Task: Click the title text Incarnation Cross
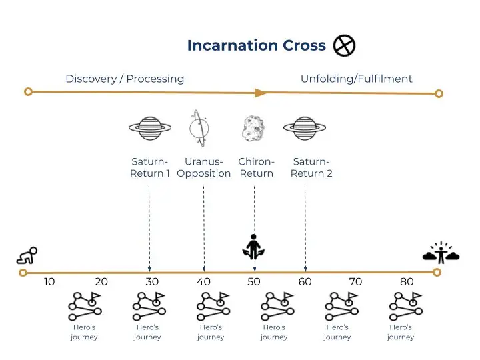[x=256, y=45]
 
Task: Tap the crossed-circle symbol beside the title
[x=344, y=45]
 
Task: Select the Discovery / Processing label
[x=125, y=79]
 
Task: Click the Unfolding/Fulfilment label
[x=356, y=79]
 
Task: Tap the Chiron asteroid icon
[x=253, y=127]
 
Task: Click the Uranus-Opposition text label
[x=204, y=167]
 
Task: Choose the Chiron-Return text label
[x=256, y=167]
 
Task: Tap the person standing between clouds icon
[x=441, y=252]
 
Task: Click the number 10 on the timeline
[x=49, y=282]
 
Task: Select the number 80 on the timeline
[x=407, y=282]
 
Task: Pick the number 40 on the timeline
[x=203, y=282]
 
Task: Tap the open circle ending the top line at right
[x=439, y=93]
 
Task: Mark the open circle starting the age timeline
[x=23, y=272]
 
